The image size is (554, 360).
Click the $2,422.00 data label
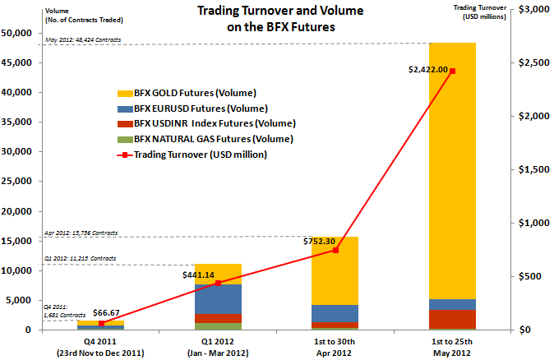click(427, 70)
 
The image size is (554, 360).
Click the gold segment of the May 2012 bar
click(452, 164)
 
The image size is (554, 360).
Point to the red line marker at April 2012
click(335, 250)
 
